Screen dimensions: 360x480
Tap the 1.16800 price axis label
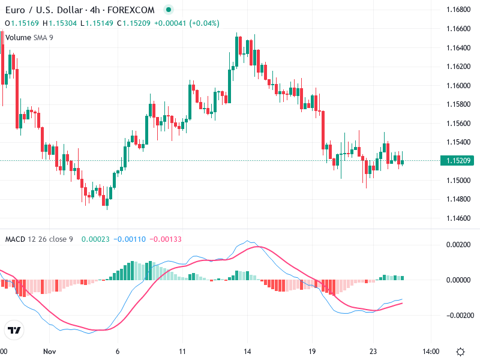coord(458,10)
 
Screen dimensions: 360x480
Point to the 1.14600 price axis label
coord(458,218)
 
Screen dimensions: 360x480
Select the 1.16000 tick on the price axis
coord(458,85)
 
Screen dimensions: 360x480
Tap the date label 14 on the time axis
coord(247,352)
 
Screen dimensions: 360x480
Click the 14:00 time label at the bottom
coord(431,352)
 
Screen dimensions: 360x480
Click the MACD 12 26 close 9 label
coord(39,239)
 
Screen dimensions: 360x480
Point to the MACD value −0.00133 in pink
coord(166,239)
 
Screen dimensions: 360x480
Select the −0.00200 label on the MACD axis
coord(457,314)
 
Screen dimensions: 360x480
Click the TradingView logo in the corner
coord(14,330)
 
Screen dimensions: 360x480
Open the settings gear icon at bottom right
coord(460,352)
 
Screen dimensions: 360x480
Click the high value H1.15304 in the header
coord(60,23)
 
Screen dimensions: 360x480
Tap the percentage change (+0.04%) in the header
coord(205,23)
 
